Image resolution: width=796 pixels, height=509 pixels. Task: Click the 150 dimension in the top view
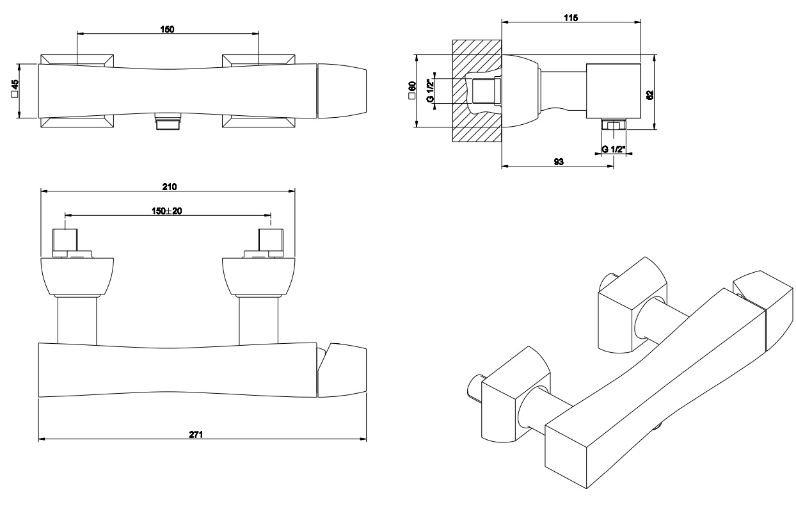[168, 29]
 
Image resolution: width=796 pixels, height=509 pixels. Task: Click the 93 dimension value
[558, 163]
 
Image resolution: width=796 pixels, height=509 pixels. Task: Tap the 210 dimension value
[169, 186]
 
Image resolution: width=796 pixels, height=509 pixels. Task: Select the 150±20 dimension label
[168, 211]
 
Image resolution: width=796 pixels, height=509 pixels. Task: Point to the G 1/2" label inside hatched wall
[431, 91]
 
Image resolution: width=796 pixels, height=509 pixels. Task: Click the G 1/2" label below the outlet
[613, 149]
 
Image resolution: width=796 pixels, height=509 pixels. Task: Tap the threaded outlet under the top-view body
[168, 122]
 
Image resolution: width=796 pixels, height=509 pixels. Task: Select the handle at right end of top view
[344, 90]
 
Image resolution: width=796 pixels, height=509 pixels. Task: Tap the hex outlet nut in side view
[613, 125]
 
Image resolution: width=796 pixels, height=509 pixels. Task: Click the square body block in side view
[614, 91]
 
